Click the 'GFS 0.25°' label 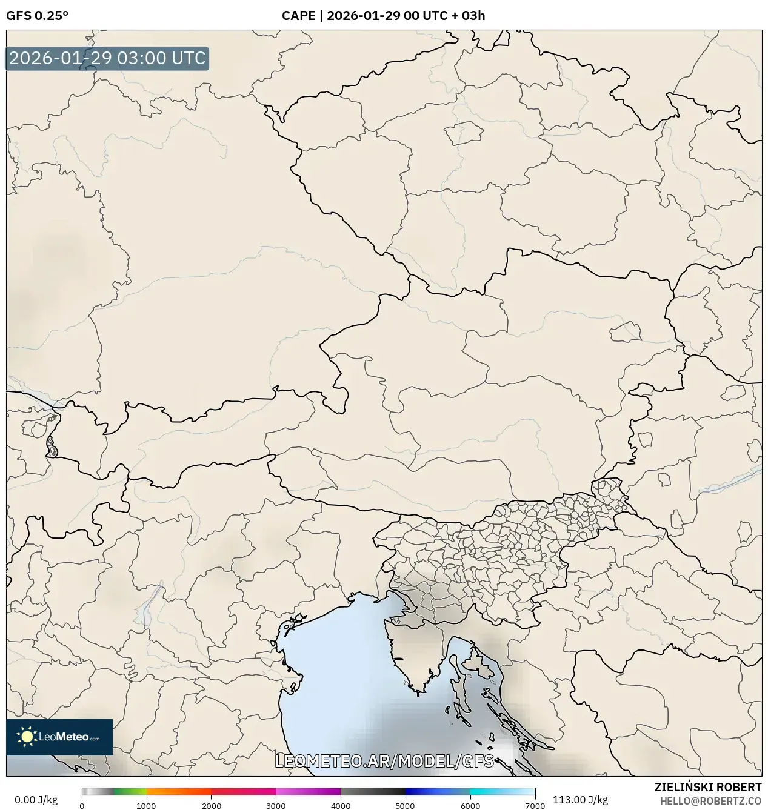37,16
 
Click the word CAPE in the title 297,16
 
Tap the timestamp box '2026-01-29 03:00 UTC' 107,59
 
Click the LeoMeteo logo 59,737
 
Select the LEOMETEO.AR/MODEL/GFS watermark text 384,761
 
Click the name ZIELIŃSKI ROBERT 708,787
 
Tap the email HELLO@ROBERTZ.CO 710,800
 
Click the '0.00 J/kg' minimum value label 36,800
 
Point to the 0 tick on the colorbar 82,806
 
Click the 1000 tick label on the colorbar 146,806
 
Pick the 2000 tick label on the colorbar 211,806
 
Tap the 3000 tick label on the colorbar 276,806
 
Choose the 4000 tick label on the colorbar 341,806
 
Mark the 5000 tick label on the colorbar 406,806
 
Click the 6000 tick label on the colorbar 470,806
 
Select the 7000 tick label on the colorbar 535,806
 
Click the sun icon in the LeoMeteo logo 27,737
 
